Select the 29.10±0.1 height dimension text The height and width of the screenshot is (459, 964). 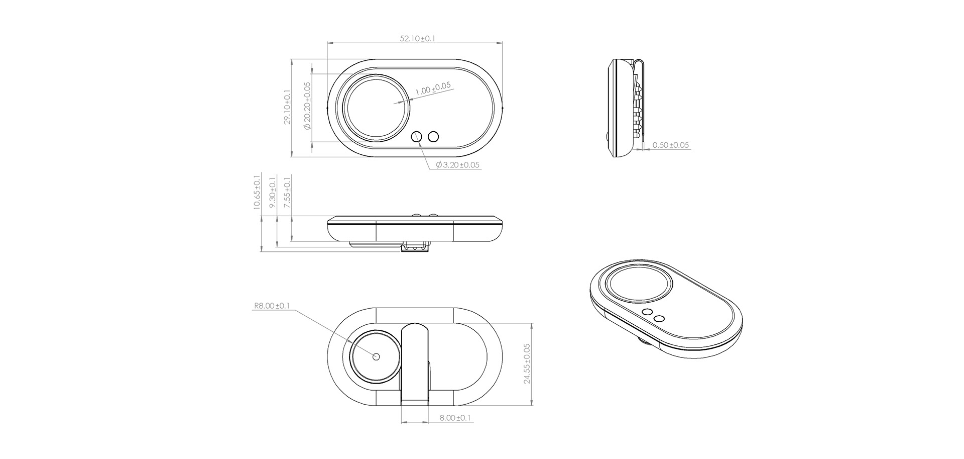[x=287, y=108]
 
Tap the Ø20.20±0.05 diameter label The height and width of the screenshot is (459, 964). [x=307, y=106]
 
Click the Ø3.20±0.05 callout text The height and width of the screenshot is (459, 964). [x=457, y=165]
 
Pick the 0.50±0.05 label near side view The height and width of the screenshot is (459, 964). [x=670, y=145]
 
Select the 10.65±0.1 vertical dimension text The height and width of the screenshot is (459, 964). [x=257, y=192]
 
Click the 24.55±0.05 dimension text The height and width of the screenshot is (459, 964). [x=527, y=363]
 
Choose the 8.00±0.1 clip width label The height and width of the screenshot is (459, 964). [x=454, y=418]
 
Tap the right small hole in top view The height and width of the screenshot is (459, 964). [x=433, y=136]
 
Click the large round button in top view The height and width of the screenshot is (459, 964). [x=376, y=108]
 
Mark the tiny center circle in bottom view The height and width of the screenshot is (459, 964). [x=377, y=356]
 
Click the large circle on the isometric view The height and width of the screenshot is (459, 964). [x=640, y=285]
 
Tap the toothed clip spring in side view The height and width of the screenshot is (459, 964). [x=638, y=108]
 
